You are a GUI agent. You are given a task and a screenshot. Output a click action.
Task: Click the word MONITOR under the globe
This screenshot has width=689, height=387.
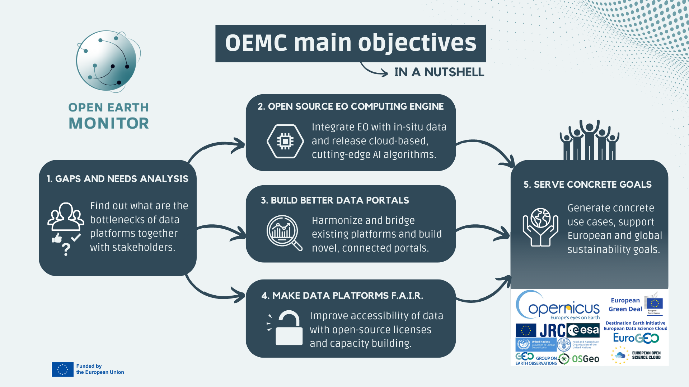(109, 123)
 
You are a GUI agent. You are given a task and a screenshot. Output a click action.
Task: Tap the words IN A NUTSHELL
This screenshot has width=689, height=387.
(439, 72)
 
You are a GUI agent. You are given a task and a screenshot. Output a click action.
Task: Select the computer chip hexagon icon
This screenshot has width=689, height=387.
(285, 141)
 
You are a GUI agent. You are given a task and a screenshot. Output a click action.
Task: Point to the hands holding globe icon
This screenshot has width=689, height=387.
(540, 227)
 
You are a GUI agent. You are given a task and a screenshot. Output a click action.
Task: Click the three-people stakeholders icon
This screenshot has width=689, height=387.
(66, 216)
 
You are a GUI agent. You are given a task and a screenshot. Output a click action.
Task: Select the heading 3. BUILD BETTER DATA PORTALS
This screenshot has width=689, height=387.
(335, 200)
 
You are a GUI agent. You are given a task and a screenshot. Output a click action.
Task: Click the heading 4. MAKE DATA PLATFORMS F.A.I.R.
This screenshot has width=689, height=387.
(342, 296)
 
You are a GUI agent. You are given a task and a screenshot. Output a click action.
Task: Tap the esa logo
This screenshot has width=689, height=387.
(583, 330)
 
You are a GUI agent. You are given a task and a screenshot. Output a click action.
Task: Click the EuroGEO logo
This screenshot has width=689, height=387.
(636, 338)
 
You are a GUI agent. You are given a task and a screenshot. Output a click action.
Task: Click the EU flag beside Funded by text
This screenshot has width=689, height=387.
(62, 369)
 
